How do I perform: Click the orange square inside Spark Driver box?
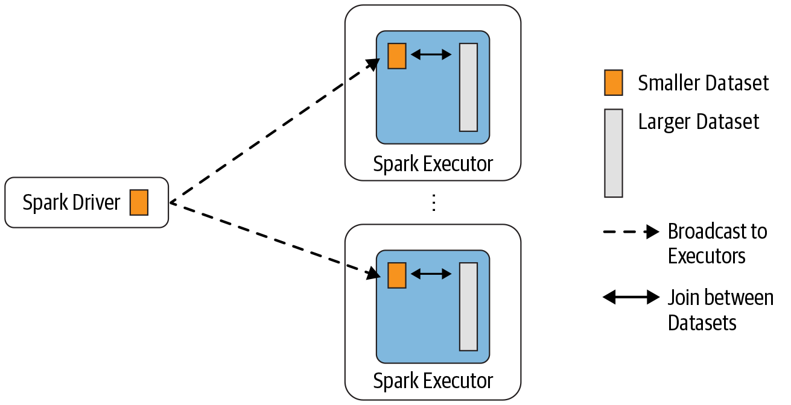139,202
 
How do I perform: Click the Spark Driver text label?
71,202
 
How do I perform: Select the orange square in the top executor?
396,56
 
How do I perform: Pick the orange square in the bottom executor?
396,275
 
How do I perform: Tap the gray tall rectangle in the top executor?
468,87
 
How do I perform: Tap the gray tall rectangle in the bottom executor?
468,306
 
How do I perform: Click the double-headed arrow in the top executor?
431,55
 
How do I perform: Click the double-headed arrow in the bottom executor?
431,274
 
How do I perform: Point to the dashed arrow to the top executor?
272,132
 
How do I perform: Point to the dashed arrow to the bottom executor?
272,239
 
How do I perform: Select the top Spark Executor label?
433,164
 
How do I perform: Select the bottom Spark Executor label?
433,381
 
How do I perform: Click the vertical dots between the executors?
433,203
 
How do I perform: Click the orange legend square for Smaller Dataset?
613,83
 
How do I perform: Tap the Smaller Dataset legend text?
704,83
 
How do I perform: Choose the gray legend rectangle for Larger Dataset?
613,153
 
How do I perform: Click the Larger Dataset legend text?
699,122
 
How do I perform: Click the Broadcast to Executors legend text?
717,243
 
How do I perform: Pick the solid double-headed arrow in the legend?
631,297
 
